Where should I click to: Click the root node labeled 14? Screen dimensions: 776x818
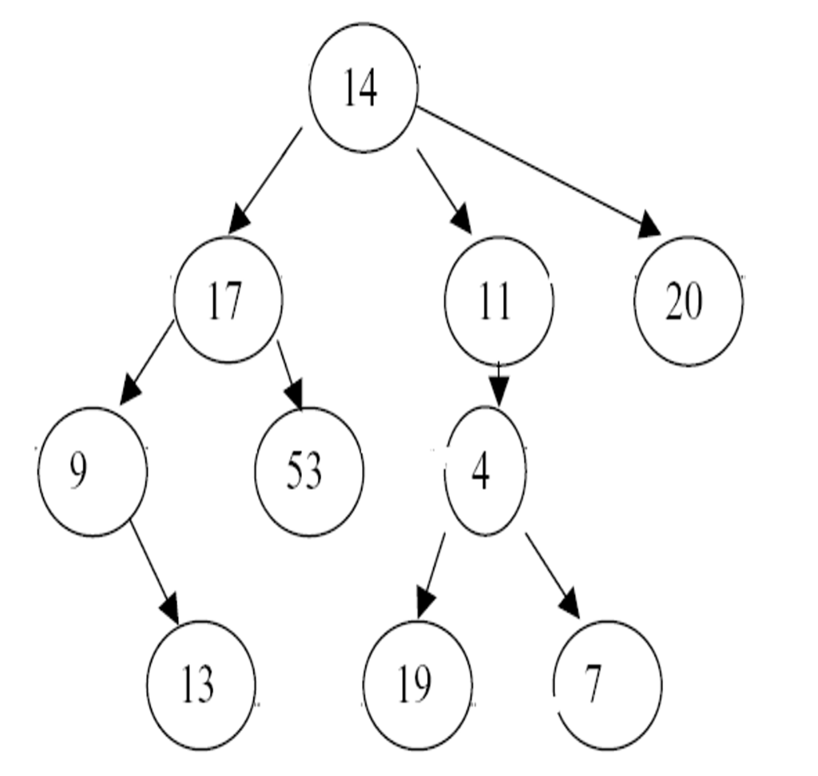(363, 88)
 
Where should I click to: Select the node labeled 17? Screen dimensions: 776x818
(228, 300)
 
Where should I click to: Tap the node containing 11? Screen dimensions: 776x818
(498, 300)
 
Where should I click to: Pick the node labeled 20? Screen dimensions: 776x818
(689, 301)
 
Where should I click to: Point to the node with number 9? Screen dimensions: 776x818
(93, 471)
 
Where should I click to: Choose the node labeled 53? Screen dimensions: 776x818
(309, 471)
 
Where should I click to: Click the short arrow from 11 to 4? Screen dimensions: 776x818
(499, 384)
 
